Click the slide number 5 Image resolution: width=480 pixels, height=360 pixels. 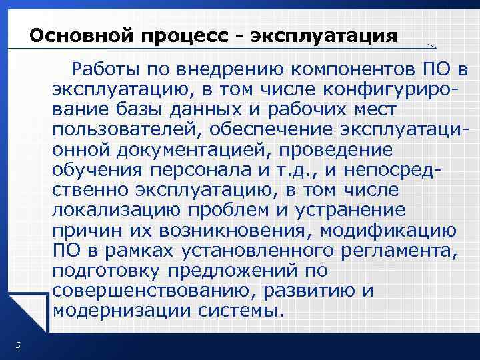tap(18, 345)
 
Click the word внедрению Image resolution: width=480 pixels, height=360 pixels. tap(225, 68)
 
